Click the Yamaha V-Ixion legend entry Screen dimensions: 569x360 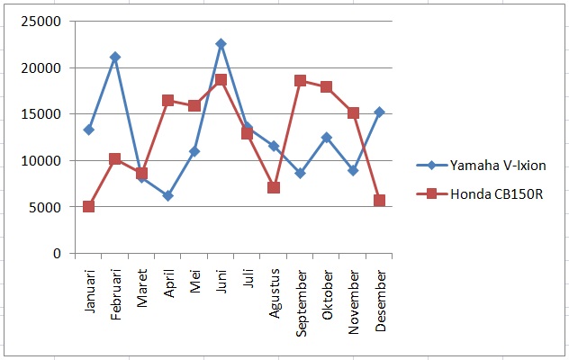(481, 166)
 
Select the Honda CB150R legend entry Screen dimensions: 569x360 (480, 194)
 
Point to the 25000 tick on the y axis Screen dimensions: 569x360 (41, 22)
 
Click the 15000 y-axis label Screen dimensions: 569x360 (41, 114)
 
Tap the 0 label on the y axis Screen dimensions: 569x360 (57, 253)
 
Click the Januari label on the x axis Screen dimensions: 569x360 (89, 291)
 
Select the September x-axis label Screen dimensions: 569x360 (302, 303)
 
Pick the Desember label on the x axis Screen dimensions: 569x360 (381, 301)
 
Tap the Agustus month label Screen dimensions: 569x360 (275, 293)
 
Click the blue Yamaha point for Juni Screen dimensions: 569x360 (221, 44)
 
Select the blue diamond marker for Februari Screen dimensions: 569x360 (115, 57)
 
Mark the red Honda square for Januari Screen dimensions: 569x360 (88, 207)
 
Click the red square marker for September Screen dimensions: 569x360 (301, 81)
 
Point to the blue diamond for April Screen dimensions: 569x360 (168, 196)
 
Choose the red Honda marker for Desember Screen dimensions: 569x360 (380, 201)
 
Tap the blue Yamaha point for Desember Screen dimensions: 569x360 (380, 112)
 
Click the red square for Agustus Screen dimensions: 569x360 (274, 187)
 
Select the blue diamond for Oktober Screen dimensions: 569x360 (327, 138)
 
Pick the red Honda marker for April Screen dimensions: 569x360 (168, 101)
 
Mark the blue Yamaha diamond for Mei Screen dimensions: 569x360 (194, 151)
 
